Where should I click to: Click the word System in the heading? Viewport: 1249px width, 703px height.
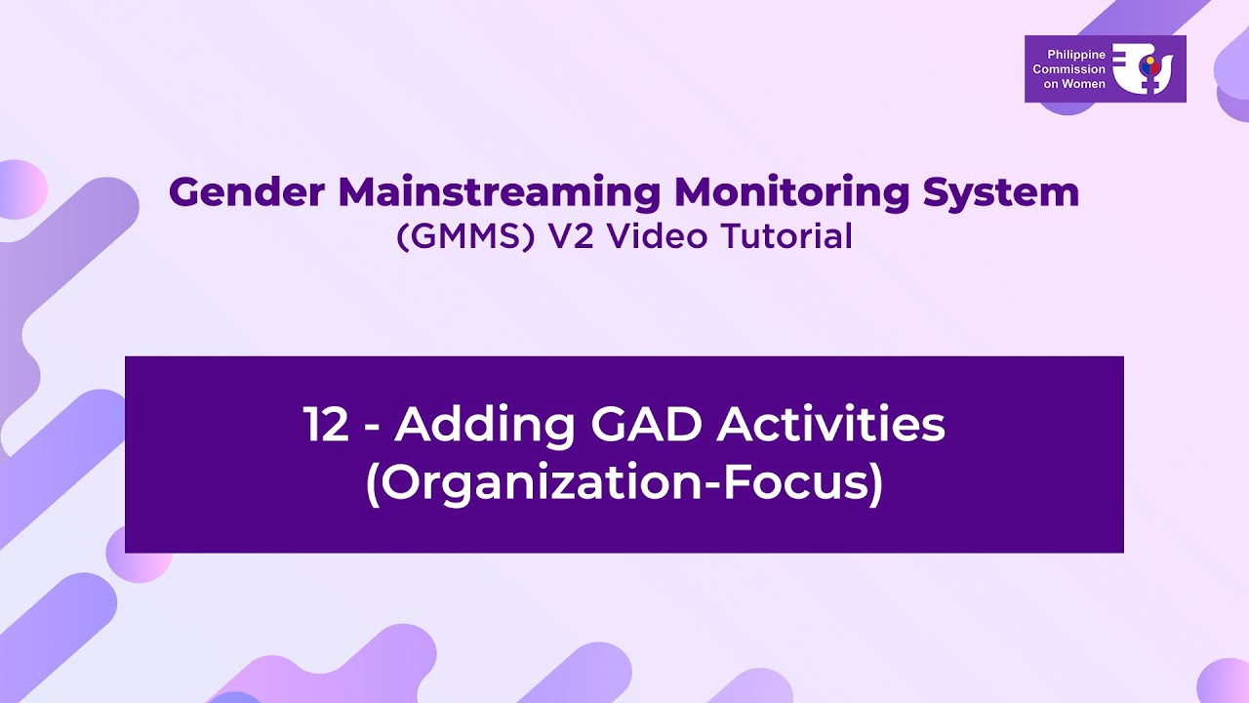point(1001,193)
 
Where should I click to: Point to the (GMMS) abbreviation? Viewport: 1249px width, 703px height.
point(466,237)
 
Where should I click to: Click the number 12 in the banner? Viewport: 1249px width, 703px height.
point(326,426)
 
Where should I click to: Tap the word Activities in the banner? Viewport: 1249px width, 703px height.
point(831,426)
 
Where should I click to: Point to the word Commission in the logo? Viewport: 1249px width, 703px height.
point(1069,69)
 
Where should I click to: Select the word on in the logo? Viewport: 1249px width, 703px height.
point(1050,84)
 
